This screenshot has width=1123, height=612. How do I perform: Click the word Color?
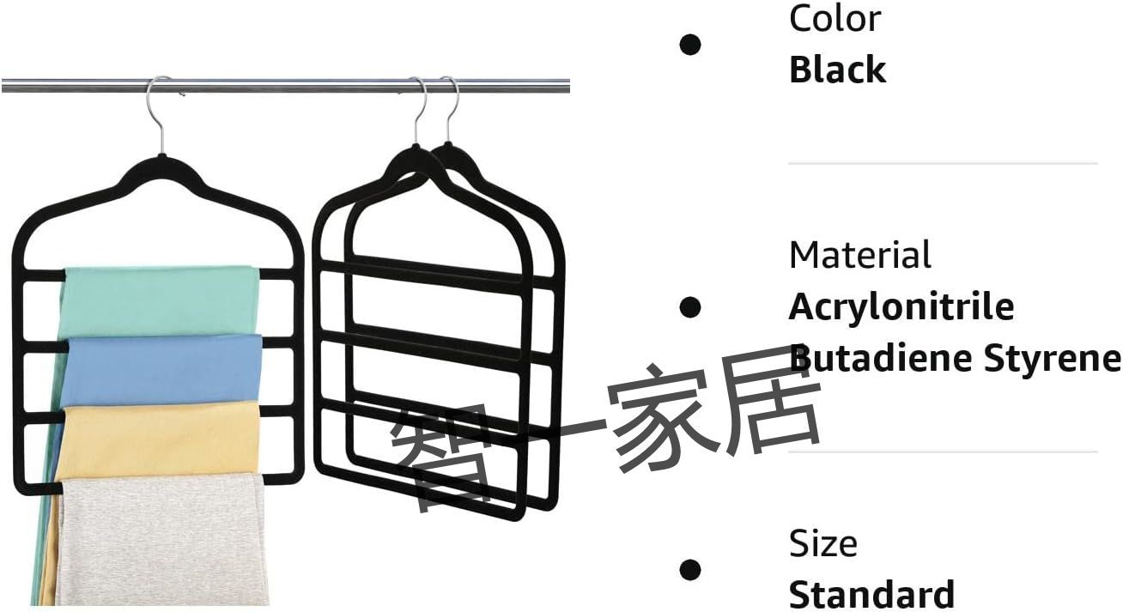click(835, 19)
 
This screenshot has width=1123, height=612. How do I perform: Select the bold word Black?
click(837, 70)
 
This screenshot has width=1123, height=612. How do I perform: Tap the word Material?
click(859, 255)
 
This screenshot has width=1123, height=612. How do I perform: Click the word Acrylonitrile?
click(901, 306)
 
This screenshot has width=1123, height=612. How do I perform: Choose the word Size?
click(823, 543)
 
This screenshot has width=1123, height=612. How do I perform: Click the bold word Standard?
click(871, 595)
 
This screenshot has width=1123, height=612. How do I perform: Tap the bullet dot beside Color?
click(689, 45)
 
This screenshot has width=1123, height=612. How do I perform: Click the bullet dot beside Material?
click(689, 307)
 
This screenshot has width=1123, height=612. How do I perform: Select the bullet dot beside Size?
click(689, 570)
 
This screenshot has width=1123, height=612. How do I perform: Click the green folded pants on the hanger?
click(161, 300)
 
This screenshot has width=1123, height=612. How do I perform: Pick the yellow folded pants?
click(158, 441)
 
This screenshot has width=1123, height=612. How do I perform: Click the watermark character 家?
click(661, 417)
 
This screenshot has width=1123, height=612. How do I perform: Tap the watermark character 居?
click(769, 401)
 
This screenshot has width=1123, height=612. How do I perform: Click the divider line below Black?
click(943, 163)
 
